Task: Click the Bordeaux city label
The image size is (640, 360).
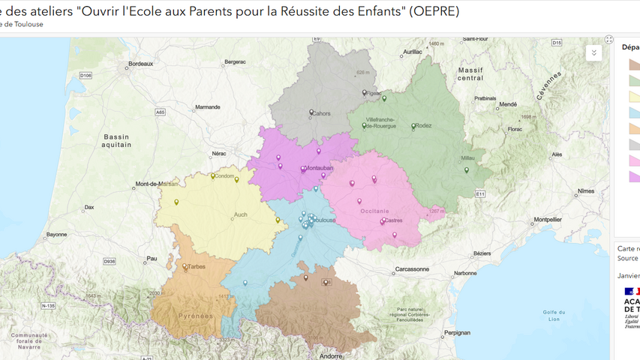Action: click(x=140, y=64)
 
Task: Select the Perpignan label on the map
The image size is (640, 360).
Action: click(x=456, y=332)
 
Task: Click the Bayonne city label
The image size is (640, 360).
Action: click(x=56, y=235)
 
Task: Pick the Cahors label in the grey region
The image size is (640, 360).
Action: click(x=321, y=114)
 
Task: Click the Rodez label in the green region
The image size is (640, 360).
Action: click(x=423, y=126)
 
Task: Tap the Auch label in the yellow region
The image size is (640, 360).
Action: click(x=240, y=214)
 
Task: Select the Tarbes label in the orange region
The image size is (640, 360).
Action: click(x=197, y=266)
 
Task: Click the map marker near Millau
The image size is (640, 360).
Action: click(x=467, y=170)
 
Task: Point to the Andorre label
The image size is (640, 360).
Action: click(x=331, y=356)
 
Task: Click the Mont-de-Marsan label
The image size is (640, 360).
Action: click(x=157, y=184)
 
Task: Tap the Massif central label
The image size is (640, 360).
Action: click(x=470, y=73)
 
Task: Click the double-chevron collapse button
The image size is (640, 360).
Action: click(x=593, y=53)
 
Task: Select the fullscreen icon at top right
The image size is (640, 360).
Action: click(x=609, y=40)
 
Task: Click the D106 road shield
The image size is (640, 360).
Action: click(x=86, y=76)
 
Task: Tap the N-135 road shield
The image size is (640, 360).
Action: click(x=48, y=306)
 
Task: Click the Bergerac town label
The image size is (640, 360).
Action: click(x=235, y=62)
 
